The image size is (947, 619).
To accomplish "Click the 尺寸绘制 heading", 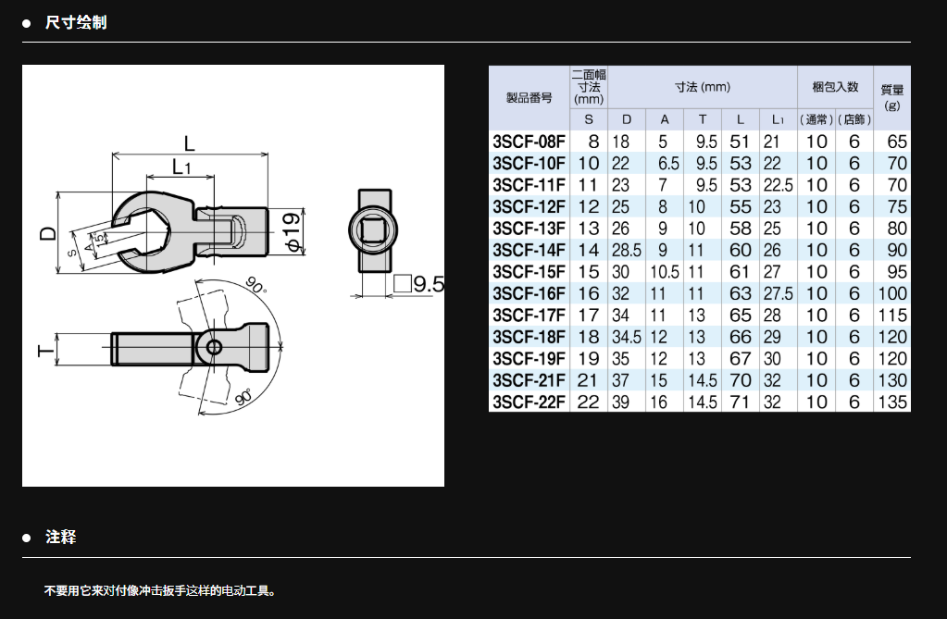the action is click(76, 23).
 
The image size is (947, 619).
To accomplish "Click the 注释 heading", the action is click(60, 537).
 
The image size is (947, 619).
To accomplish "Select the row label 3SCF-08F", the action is click(530, 142).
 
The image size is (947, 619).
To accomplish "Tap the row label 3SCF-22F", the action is click(530, 402).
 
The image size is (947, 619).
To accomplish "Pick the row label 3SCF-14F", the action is click(530, 250).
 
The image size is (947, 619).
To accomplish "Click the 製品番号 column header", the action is click(530, 97).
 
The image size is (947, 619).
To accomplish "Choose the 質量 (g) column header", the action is click(892, 97).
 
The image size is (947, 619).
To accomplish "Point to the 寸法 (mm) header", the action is click(703, 88).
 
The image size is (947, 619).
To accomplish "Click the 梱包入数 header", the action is click(835, 87).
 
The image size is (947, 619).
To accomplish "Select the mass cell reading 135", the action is click(892, 402).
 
